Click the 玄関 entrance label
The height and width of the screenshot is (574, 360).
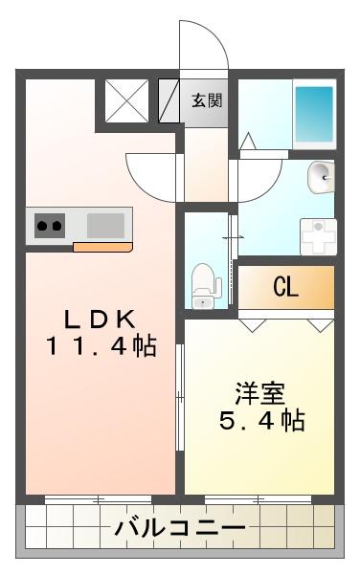(207, 100)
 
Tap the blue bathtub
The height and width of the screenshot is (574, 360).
(315, 115)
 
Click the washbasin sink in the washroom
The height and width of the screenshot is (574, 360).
(322, 177)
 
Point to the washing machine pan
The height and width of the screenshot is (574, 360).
(318, 237)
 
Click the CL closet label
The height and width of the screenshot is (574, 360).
(285, 287)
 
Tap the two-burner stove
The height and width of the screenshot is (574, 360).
(50, 226)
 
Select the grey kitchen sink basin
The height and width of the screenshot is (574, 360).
(105, 226)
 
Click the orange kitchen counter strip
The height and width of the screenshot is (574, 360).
(102, 247)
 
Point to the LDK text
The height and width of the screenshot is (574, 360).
(100, 320)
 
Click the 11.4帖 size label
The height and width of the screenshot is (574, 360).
(101, 346)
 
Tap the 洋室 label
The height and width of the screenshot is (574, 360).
(260, 393)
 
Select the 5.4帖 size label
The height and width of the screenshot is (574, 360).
(262, 420)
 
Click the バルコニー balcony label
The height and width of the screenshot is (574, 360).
(180, 528)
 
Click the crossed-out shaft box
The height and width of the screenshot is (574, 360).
(126, 101)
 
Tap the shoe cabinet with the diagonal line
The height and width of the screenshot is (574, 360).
(169, 101)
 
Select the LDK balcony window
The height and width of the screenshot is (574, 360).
(99, 499)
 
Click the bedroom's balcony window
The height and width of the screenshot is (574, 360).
(258, 499)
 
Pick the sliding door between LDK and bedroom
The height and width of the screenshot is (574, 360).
(180, 397)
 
